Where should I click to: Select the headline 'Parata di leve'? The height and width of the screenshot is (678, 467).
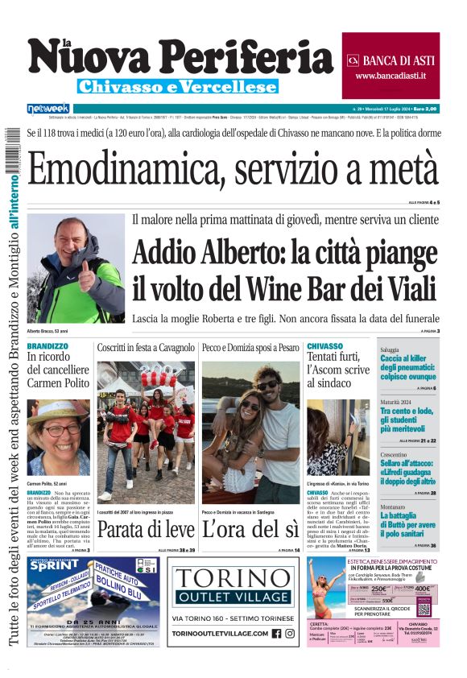146,528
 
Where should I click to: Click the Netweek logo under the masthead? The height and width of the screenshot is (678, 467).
48,108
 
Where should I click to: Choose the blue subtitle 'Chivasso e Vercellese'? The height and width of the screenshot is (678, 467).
178,86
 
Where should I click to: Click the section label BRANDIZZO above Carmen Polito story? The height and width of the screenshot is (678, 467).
48,346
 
